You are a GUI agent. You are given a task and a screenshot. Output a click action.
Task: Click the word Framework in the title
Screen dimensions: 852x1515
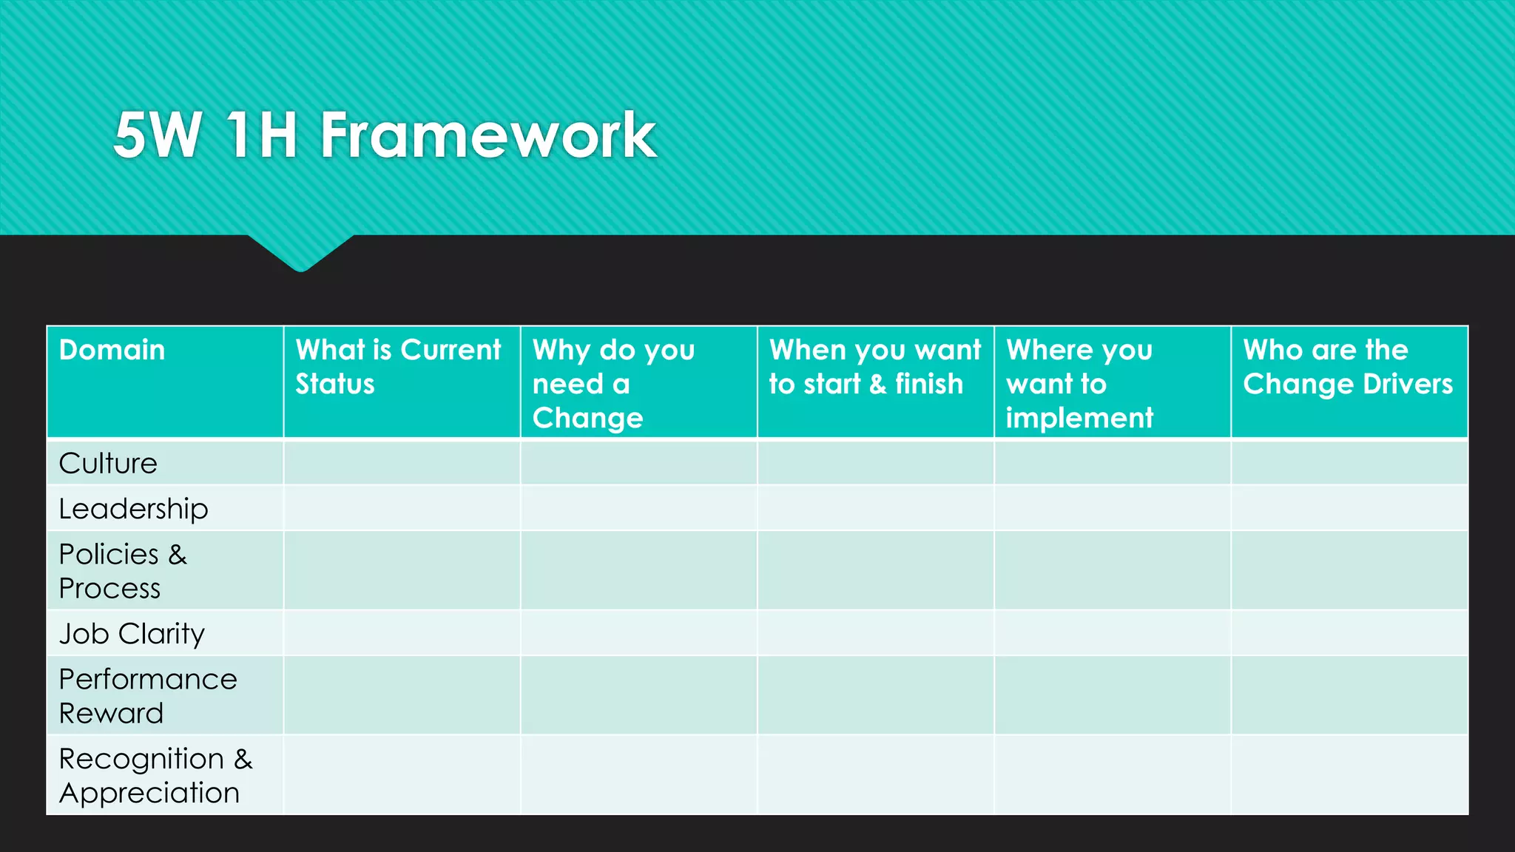pos(487,135)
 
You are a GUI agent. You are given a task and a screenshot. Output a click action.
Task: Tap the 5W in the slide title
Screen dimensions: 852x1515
pos(158,135)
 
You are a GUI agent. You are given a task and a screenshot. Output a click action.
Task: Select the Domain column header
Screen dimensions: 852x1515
pos(112,350)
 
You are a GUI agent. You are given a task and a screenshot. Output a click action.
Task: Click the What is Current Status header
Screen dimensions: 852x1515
pos(398,367)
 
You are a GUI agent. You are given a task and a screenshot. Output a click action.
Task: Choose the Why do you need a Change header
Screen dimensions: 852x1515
pos(613,383)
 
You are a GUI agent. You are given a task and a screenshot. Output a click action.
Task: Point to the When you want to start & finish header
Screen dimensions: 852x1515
pos(874,367)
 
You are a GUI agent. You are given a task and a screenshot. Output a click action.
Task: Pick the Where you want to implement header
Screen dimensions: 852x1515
pos(1079,383)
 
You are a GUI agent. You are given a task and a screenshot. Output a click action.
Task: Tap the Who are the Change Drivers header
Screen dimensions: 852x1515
pos(1347,367)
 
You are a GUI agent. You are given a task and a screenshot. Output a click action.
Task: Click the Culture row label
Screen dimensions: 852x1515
pos(108,464)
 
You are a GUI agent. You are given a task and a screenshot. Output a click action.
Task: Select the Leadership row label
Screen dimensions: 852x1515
pos(133,509)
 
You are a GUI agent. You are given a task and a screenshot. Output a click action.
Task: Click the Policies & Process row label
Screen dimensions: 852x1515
pos(122,571)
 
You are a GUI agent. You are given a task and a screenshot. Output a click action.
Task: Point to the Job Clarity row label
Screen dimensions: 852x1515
pos(132,634)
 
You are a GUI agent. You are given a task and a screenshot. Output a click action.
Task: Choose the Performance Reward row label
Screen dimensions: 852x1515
pos(147,696)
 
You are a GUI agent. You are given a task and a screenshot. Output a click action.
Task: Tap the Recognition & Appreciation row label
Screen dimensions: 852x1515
pos(155,776)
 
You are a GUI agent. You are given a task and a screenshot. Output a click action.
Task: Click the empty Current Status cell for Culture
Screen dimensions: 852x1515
pos(402,463)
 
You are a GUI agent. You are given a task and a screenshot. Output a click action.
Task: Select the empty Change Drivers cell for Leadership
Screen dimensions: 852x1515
pos(1349,508)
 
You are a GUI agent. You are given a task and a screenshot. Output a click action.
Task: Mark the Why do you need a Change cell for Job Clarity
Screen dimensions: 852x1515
pos(638,633)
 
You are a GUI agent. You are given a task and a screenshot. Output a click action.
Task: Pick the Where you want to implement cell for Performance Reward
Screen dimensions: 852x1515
pos(1112,695)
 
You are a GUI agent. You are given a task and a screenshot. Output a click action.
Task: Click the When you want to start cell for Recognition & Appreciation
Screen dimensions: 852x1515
pos(875,775)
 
